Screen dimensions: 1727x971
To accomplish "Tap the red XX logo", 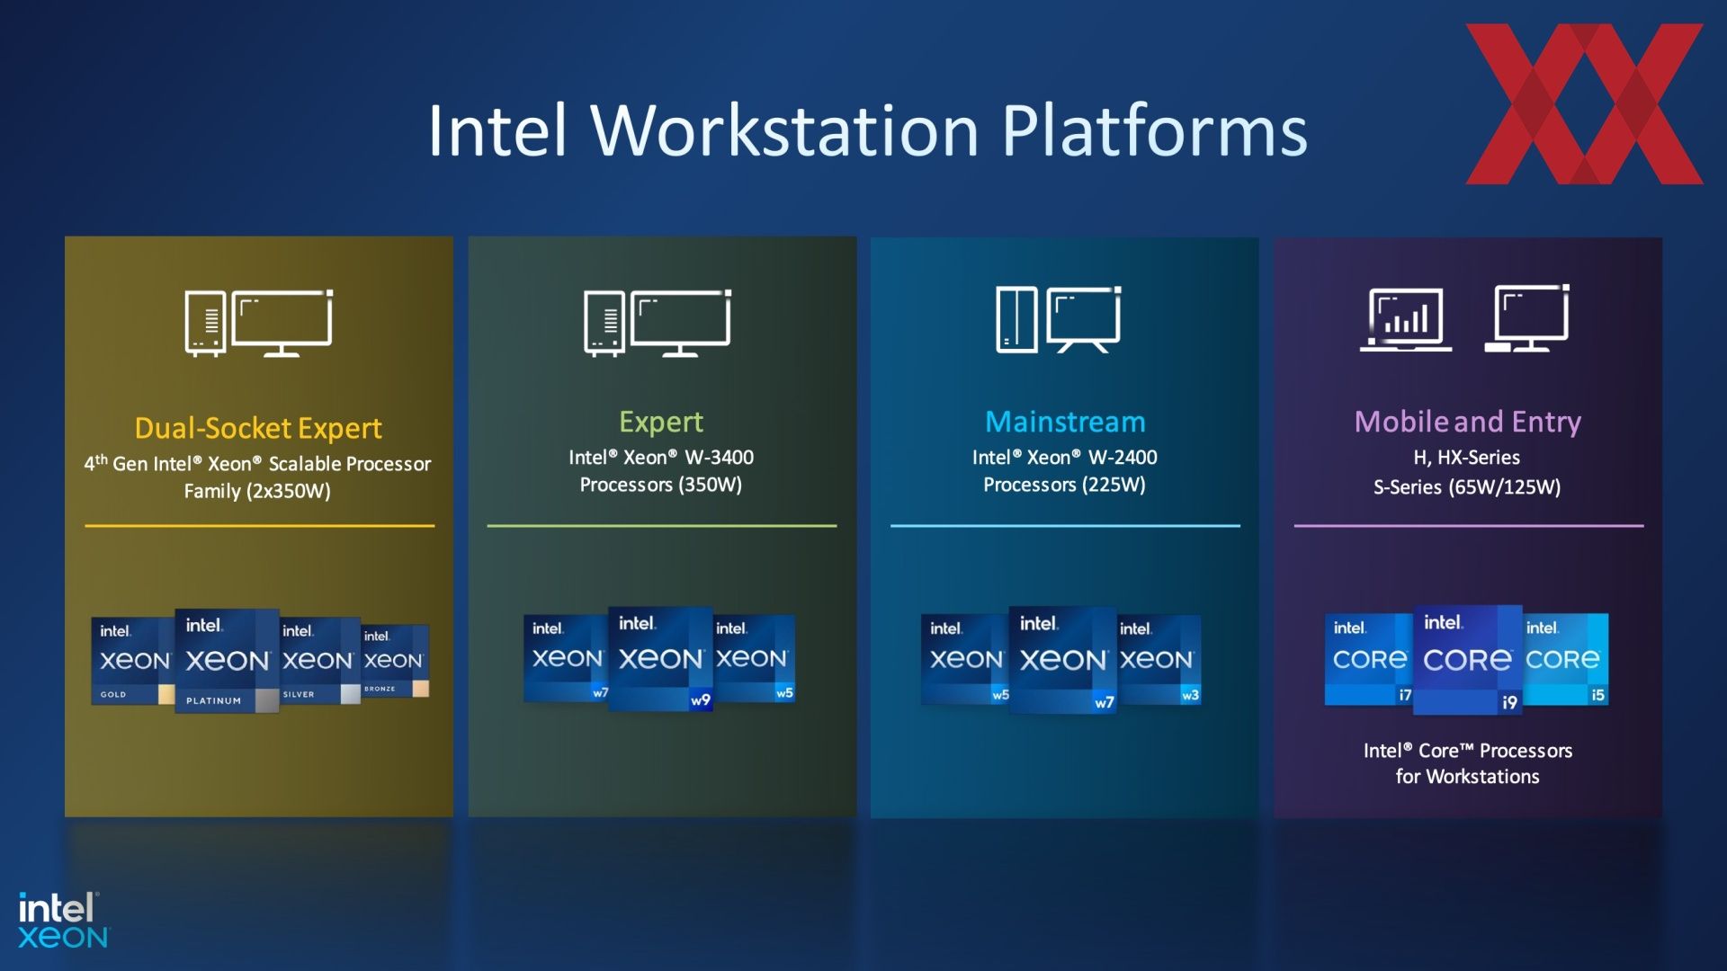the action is point(1584,103).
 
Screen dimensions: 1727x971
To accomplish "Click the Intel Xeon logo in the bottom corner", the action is point(63,921).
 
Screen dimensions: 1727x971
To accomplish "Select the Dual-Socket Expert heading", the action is point(258,429).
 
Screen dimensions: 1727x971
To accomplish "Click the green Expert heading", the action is point(661,423).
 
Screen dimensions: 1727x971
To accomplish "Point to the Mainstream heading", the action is point(1065,422).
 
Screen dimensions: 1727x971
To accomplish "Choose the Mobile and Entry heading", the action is point(1468,423).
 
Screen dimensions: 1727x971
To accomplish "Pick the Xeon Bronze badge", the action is point(395,661).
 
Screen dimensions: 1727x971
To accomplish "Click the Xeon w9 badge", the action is point(661,659).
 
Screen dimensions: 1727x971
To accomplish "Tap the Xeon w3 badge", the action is point(1159,659).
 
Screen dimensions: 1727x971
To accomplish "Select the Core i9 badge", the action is point(1467,660).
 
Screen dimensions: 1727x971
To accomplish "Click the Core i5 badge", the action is point(1565,659).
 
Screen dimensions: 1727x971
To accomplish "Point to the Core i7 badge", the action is point(1369,659).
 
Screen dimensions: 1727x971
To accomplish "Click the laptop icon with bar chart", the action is point(1406,319).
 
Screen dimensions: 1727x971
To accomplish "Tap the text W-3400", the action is point(720,458).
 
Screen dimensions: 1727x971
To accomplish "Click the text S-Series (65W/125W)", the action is point(1467,487).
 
